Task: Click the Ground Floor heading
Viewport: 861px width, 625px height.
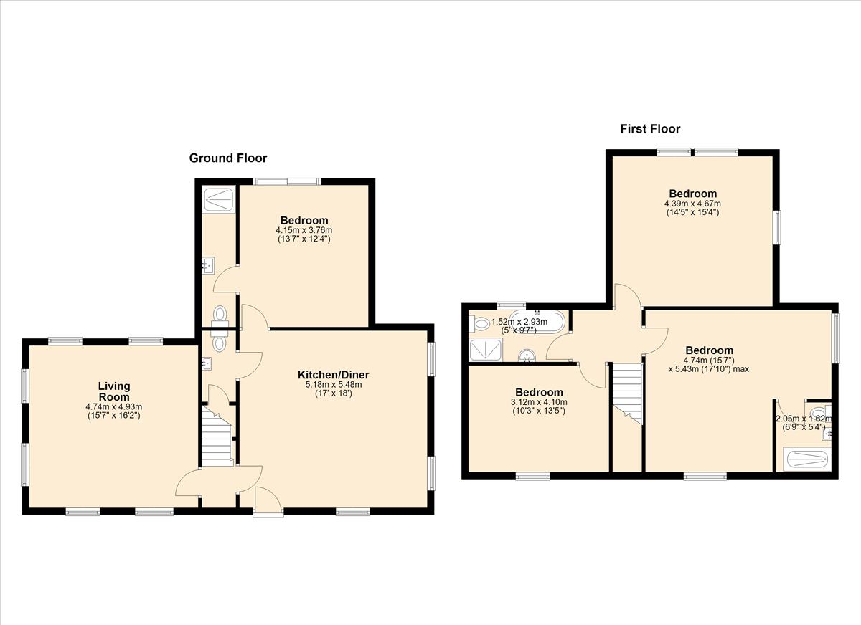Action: (228, 158)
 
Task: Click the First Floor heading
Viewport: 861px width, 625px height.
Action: (650, 129)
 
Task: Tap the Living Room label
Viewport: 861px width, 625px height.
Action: (114, 391)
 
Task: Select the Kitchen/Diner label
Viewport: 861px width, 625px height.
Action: (333, 375)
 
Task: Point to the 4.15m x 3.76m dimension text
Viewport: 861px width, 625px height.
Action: (304, 230)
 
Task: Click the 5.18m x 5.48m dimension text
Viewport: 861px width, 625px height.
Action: (333, 385)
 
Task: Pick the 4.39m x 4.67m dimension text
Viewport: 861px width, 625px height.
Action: (692, 204)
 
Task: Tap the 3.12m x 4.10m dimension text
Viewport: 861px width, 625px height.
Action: (539, 402)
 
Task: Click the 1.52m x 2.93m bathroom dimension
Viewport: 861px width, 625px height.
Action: (519, 322)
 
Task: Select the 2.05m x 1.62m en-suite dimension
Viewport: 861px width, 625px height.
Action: (804, 419)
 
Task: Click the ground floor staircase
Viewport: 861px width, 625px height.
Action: (217, 436)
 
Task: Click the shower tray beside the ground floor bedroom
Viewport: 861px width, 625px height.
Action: (219, 199)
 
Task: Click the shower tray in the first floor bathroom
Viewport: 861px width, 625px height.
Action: (486, 349)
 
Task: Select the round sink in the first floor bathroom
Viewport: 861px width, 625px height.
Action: (527, 355)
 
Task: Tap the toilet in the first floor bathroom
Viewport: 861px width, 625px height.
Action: (479, 324)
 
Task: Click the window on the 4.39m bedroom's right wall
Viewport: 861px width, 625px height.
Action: (777, 227)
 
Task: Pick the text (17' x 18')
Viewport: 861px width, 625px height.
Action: (333, 393)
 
